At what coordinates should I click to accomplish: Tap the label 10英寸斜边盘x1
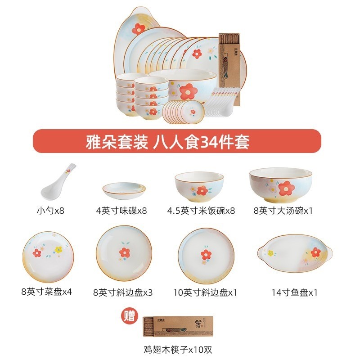click(x=205, y=292)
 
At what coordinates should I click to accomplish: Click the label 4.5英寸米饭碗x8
click(x=201, y=211)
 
